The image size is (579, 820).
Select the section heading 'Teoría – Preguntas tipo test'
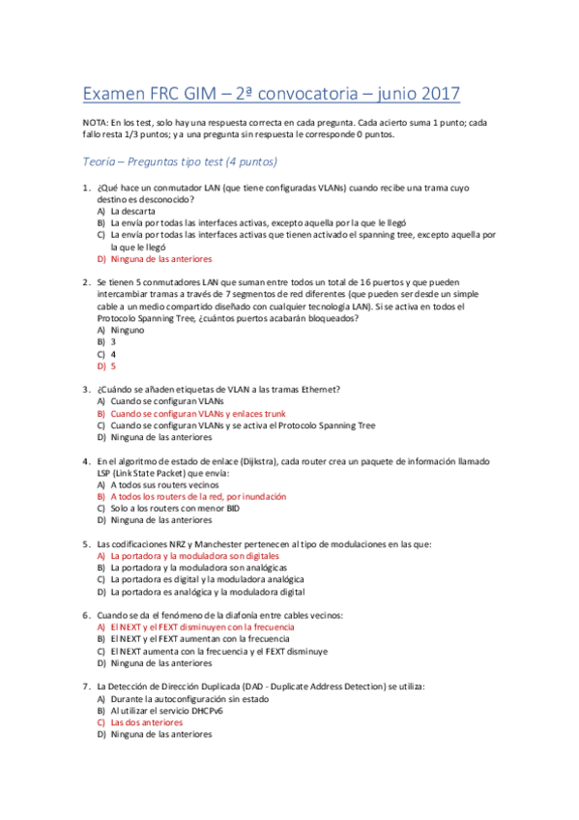[x=180, y=161]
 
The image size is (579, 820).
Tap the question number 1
[x=86, y=188]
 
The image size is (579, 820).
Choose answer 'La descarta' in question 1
[x=133, y=210]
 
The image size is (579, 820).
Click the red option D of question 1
[x=160, y=259]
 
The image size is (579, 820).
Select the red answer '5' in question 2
[x=113, y=366]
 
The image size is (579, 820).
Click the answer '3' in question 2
[x=113, y=341]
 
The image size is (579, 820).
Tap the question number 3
[x=86, y=390]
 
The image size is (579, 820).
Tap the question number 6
[x=86, y=615]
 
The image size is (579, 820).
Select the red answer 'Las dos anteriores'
[x=146, y=721]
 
